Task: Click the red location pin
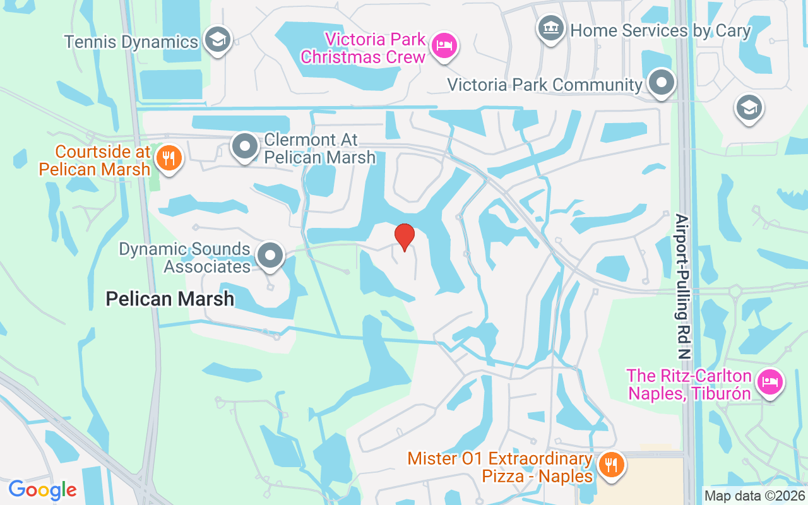[x=405, y=236]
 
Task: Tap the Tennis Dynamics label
[x=131, y=42]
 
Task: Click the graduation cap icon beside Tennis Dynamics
[x=218, y=40]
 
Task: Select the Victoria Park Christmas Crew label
[x=363, y=48]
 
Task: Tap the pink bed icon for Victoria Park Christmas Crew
[x=445, y=45]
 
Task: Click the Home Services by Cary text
[x=660, y=30]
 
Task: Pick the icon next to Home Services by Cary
[x=550, y=28]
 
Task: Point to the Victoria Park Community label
[x=544, y=85]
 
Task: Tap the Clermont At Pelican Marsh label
[x=319, y=148]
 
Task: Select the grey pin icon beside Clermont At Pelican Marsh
[x=245, y=147]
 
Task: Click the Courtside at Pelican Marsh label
[x=95, y=160]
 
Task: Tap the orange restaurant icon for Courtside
[x=168, y=158]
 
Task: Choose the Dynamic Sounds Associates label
[x=185, y=258]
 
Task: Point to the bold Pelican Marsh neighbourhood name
[x=170, y=299]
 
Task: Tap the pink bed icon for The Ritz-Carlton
[x=769, y=382]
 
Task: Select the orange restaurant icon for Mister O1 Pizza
[x=610, y=466]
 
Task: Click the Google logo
[x=42, y=490]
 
